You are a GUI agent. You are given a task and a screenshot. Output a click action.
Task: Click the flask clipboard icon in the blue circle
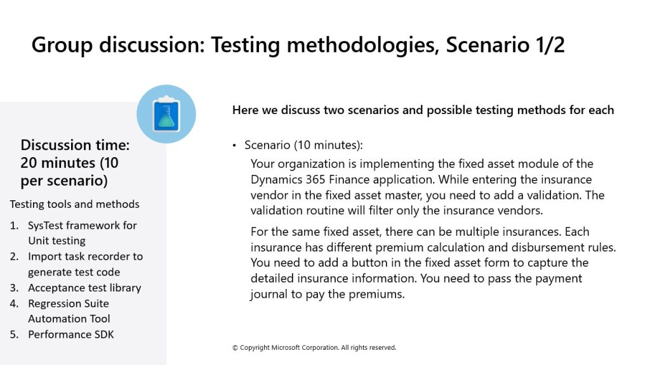click(166, 114)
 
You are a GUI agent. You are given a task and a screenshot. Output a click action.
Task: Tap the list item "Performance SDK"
click(71, 335)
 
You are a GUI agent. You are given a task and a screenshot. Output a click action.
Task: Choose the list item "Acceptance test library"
click(84, 288)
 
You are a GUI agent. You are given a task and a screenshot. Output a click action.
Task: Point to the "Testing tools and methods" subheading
click(75, 204)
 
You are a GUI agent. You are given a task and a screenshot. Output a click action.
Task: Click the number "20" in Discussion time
click(29, 163)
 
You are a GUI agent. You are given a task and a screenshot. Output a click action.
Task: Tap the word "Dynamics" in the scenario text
click(277, 180)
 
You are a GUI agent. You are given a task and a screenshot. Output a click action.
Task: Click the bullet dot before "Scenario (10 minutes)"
click(234, 145)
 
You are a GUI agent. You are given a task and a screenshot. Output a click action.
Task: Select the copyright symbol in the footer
click(235, 348)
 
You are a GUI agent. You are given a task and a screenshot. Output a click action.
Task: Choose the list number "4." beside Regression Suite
click(14, 304)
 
